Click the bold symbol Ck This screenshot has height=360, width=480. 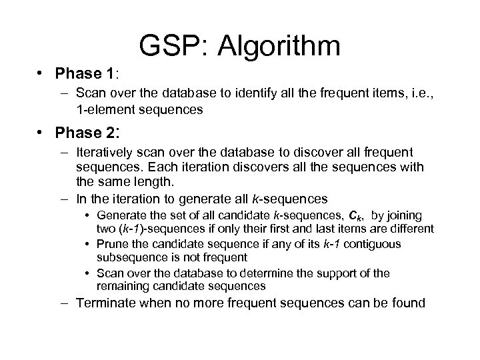pos(349,216)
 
